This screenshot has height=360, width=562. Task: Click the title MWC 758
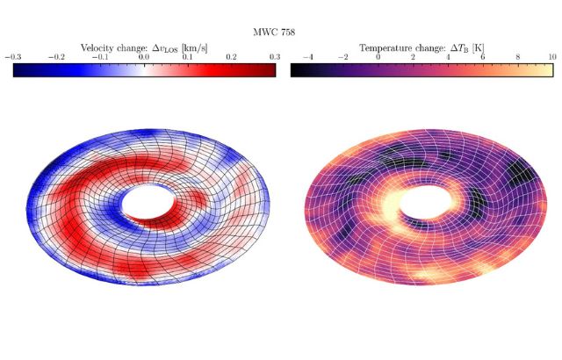click(x=281, y=32)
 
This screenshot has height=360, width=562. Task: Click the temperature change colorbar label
click(x=421, y=47)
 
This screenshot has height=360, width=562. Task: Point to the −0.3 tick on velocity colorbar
click(x=13, y=56)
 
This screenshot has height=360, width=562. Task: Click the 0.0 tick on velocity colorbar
click(x=144, y=56)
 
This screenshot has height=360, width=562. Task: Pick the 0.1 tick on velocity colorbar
click(x=188, y=56)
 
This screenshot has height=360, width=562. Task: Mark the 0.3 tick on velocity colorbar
click(x=275, y=56)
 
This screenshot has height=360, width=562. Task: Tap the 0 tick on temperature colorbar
click(x=378, y=56)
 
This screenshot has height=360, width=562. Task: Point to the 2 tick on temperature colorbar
click(x=413, y=56)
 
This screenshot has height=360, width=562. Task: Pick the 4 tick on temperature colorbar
click(x=448, y=56)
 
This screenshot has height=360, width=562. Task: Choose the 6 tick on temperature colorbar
click(x=482, y=56)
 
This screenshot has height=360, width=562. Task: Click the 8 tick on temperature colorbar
click(x=517, y=56)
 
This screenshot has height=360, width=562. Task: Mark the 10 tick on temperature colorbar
click(x=551, y=56)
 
